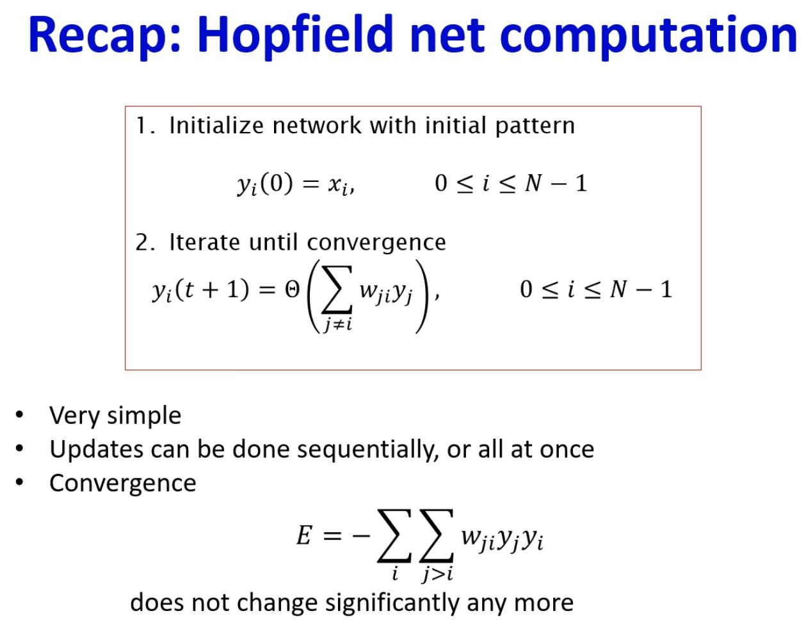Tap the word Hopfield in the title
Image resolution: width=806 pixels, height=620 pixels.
click(x=295, y=36)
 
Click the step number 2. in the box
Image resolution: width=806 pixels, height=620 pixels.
click(x=145, y=242)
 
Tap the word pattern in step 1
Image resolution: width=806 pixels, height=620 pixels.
click(x=535, y=127)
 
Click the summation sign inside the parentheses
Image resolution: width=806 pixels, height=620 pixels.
click(x=337, y=290)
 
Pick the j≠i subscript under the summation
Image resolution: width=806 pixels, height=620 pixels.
click(x=338, y=325)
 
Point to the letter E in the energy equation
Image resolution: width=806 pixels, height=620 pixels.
click(x=304, y=535)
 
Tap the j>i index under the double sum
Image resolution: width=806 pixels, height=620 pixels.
click(x=437, y=574)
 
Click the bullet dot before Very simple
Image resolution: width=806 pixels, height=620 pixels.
click(x=19, y=414)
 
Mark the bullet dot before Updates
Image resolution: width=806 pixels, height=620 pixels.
click(x=19, y=448)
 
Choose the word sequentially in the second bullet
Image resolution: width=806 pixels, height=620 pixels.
click(x=368, y=450)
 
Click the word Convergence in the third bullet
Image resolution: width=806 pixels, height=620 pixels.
click(x=123, y=484)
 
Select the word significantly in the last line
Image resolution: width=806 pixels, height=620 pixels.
click(x=392, y=603)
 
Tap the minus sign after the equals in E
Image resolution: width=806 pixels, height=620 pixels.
click(x=361, y=535)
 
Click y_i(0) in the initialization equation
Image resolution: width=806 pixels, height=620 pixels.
click(x=265, y=184)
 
